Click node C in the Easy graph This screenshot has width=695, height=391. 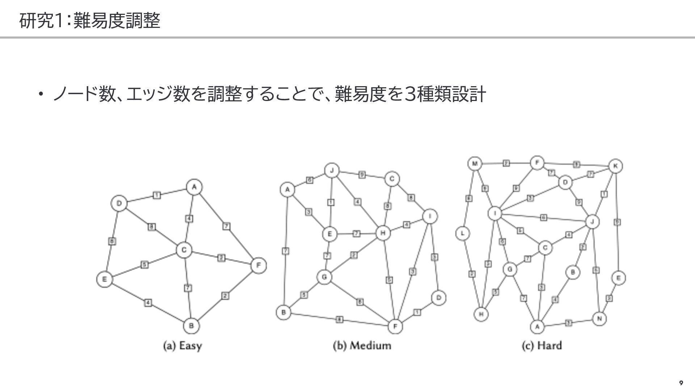184,250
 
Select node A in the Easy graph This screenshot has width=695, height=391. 194,187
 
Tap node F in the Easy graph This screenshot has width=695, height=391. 258,265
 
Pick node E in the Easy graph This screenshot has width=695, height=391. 104,279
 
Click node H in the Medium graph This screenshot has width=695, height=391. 383,233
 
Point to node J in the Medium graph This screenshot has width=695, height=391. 332,171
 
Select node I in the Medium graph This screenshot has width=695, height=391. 430,216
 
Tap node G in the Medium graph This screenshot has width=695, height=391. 324,277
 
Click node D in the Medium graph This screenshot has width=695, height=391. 438,298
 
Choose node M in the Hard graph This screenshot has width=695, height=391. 475,164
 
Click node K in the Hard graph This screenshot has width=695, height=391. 615,166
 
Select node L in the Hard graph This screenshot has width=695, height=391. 463,234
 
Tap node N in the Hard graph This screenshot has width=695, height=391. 599,319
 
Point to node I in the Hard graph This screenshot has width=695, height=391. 495,213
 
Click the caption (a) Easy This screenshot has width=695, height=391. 182,346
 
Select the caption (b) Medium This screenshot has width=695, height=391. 362,346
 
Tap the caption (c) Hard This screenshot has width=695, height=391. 542,346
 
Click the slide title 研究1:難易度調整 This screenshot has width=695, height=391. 89,21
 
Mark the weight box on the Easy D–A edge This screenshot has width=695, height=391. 156,195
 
